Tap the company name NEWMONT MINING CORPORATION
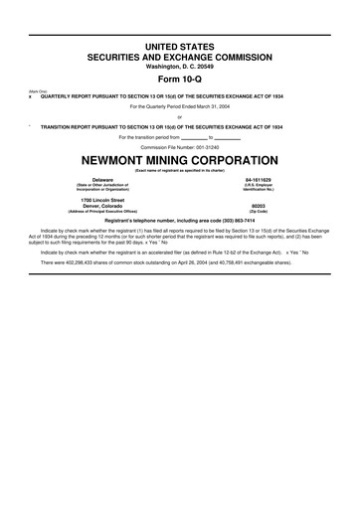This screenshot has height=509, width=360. coord(180,161)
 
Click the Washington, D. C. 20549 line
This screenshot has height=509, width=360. coord(180,67)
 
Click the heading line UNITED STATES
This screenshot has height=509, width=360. coord(180,48)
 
